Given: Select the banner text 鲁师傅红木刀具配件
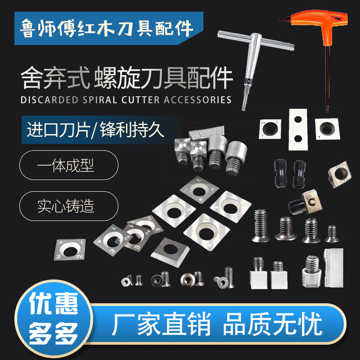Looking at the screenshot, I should (108, 28).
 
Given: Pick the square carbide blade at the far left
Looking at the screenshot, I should (72, 248).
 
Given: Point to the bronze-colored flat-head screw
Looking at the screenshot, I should (187, 279).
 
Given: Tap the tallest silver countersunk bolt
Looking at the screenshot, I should (261, 225).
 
